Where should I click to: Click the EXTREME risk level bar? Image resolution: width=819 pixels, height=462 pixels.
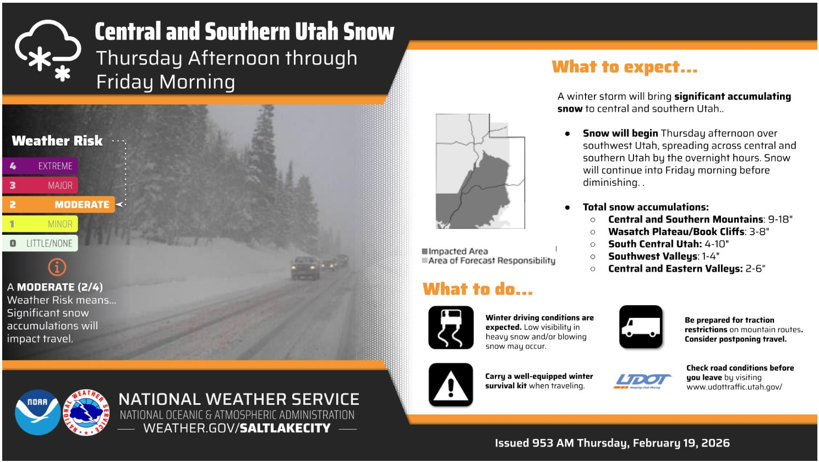pos(40,166)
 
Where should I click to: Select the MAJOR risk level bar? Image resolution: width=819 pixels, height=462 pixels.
pos(40,185)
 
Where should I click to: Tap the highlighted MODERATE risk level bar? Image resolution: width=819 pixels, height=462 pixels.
pos(58,205)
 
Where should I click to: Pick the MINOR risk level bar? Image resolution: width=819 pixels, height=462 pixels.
pos(40,224)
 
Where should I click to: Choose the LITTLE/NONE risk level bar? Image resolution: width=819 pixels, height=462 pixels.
pos(40,243)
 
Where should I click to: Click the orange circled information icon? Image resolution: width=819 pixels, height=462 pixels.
pos(57,267)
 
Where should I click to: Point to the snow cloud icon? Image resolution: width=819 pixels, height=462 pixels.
pos(48,51)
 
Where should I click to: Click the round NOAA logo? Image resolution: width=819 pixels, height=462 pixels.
pos(37,413)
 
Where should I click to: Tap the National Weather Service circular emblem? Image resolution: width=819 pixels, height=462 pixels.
pos(86,413)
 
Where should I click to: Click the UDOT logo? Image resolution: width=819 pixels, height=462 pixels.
pos(642,381)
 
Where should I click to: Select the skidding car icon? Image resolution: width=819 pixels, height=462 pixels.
pos(451,328)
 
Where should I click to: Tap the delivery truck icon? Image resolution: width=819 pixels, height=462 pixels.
pos(641,327)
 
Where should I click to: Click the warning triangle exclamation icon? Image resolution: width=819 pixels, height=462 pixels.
pos(451,384)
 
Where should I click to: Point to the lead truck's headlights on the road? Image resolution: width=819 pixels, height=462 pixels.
pos(304,268)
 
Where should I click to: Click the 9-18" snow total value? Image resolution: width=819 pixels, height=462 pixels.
pos(780,219)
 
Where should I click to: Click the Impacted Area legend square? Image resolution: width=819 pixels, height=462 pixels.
pos(424,251)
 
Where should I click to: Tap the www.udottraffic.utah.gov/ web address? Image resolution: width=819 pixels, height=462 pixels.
pos(734,387)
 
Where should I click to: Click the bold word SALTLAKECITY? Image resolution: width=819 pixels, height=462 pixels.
pos(285,428)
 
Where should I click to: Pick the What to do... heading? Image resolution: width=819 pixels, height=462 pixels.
pos(478,289)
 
